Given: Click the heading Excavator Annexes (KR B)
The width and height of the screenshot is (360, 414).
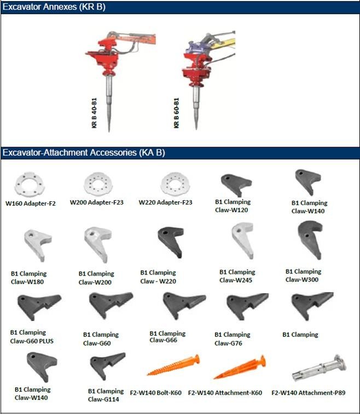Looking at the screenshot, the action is tap(54, 7).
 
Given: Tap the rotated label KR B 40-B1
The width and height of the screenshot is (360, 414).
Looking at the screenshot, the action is tap(94, 113).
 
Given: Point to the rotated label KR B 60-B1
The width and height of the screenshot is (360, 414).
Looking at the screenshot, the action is tap(176, 113).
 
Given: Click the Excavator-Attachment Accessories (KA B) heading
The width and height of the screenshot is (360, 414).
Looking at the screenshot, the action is tap(84, 153).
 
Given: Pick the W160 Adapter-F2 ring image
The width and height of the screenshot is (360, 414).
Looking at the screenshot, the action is tap(29, 184).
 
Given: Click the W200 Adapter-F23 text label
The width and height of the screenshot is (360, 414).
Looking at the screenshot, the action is tap(97, 202).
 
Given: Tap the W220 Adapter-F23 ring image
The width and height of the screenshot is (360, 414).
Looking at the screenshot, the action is tap(175, 184).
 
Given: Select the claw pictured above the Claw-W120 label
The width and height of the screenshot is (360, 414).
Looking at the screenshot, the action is tap(236, 185).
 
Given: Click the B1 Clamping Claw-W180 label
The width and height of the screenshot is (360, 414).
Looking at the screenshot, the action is tap(28, 278).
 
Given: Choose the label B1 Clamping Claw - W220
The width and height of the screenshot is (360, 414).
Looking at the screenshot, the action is tap(158, 277).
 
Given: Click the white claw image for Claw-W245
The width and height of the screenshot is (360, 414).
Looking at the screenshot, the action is tap(243, 240).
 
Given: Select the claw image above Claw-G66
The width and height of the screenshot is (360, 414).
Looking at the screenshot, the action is tap(184, 305).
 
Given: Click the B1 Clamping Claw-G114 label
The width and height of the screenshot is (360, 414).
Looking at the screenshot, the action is tap(106, 395).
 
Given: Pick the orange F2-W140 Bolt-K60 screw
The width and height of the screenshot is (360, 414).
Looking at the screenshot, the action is tap(173, 365).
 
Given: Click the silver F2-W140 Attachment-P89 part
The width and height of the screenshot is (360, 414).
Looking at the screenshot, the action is tap(319, 368).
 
